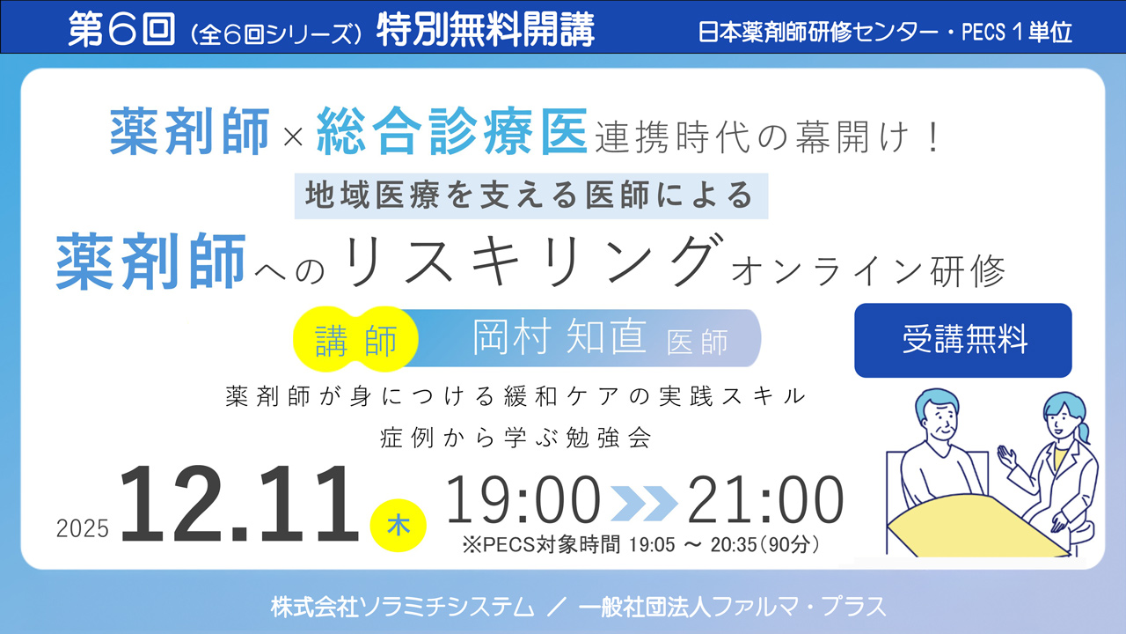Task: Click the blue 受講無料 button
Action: pyautogui.click(x=963, y=341)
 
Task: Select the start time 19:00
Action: pyautogui.click(x=523, y=502)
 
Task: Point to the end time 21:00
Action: pyautogui.click(x=765, y=502)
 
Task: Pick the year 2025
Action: pyautogui.click(x=83, y=528)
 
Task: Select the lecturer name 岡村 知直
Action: pyautogui.click(x=560, y=338)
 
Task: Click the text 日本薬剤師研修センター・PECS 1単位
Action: pyautogui.click(x=885, y=33)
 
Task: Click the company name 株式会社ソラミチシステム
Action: pyautogui.click(x=402, y=607)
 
